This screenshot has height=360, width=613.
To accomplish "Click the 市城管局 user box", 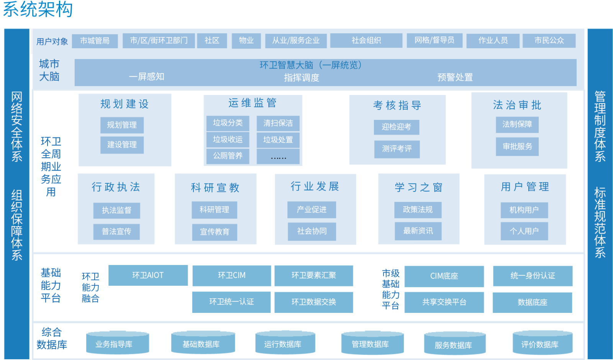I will [x=95, y=41].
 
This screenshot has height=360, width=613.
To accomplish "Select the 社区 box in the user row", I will [x=212, y=41].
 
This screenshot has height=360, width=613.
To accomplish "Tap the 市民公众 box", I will [x=549, y=41].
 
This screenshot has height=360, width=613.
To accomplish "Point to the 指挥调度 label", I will [x=302, y=78].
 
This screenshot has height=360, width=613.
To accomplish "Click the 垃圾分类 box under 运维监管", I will [x=228, y=123].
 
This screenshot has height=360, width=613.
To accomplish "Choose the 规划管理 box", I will [x=122, y=125].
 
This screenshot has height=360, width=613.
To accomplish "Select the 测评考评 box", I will [x=397, y=149].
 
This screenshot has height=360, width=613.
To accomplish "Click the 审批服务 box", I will [x=517, y=147].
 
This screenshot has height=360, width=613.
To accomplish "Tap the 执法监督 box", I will [x=116, y=210].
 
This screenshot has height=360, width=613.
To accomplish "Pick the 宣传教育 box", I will [x=215, y=232].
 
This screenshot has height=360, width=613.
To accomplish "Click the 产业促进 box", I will [x=311, y=209].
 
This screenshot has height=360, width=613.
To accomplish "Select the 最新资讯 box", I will [x=418, y=231].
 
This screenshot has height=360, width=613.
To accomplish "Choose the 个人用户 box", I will [x=524, y=231].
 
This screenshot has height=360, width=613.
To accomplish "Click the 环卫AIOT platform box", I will [x=148, y=275].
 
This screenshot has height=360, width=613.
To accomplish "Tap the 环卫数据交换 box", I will [x=313, y=302].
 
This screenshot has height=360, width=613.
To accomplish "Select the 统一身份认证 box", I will [x=533, y=276].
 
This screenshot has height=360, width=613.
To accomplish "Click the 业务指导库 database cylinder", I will [x=114, y=344].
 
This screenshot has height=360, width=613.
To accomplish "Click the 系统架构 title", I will [x=38, y=9].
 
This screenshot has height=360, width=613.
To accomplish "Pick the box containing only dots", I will [x=278, y=157].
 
